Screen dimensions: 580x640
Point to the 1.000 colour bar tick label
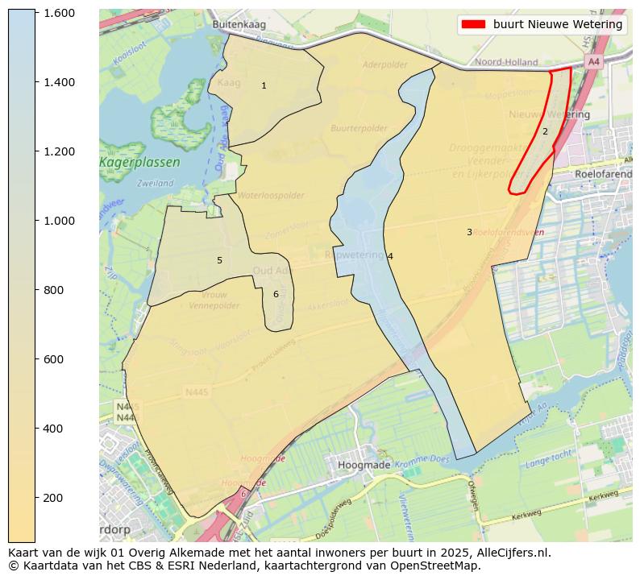point(59,221)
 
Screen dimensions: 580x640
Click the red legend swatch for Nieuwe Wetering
point(472,24)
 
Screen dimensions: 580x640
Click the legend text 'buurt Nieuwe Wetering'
point(558,24)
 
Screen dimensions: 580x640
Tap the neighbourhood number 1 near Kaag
point(264,85)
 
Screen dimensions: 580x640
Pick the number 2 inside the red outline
point(545,131)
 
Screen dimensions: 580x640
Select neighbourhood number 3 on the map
point(469,232)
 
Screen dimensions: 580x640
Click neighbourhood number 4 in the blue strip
point(390,256)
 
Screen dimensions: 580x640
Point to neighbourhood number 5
point(219,260)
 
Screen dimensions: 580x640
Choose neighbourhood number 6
point(276,294)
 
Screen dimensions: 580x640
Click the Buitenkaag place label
point(239,25)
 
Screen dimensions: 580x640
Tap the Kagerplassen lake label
point(139,163)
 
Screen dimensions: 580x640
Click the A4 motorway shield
point(594,62)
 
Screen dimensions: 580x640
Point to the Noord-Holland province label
point(507,62)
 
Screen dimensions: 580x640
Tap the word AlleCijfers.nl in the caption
point(511,553)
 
